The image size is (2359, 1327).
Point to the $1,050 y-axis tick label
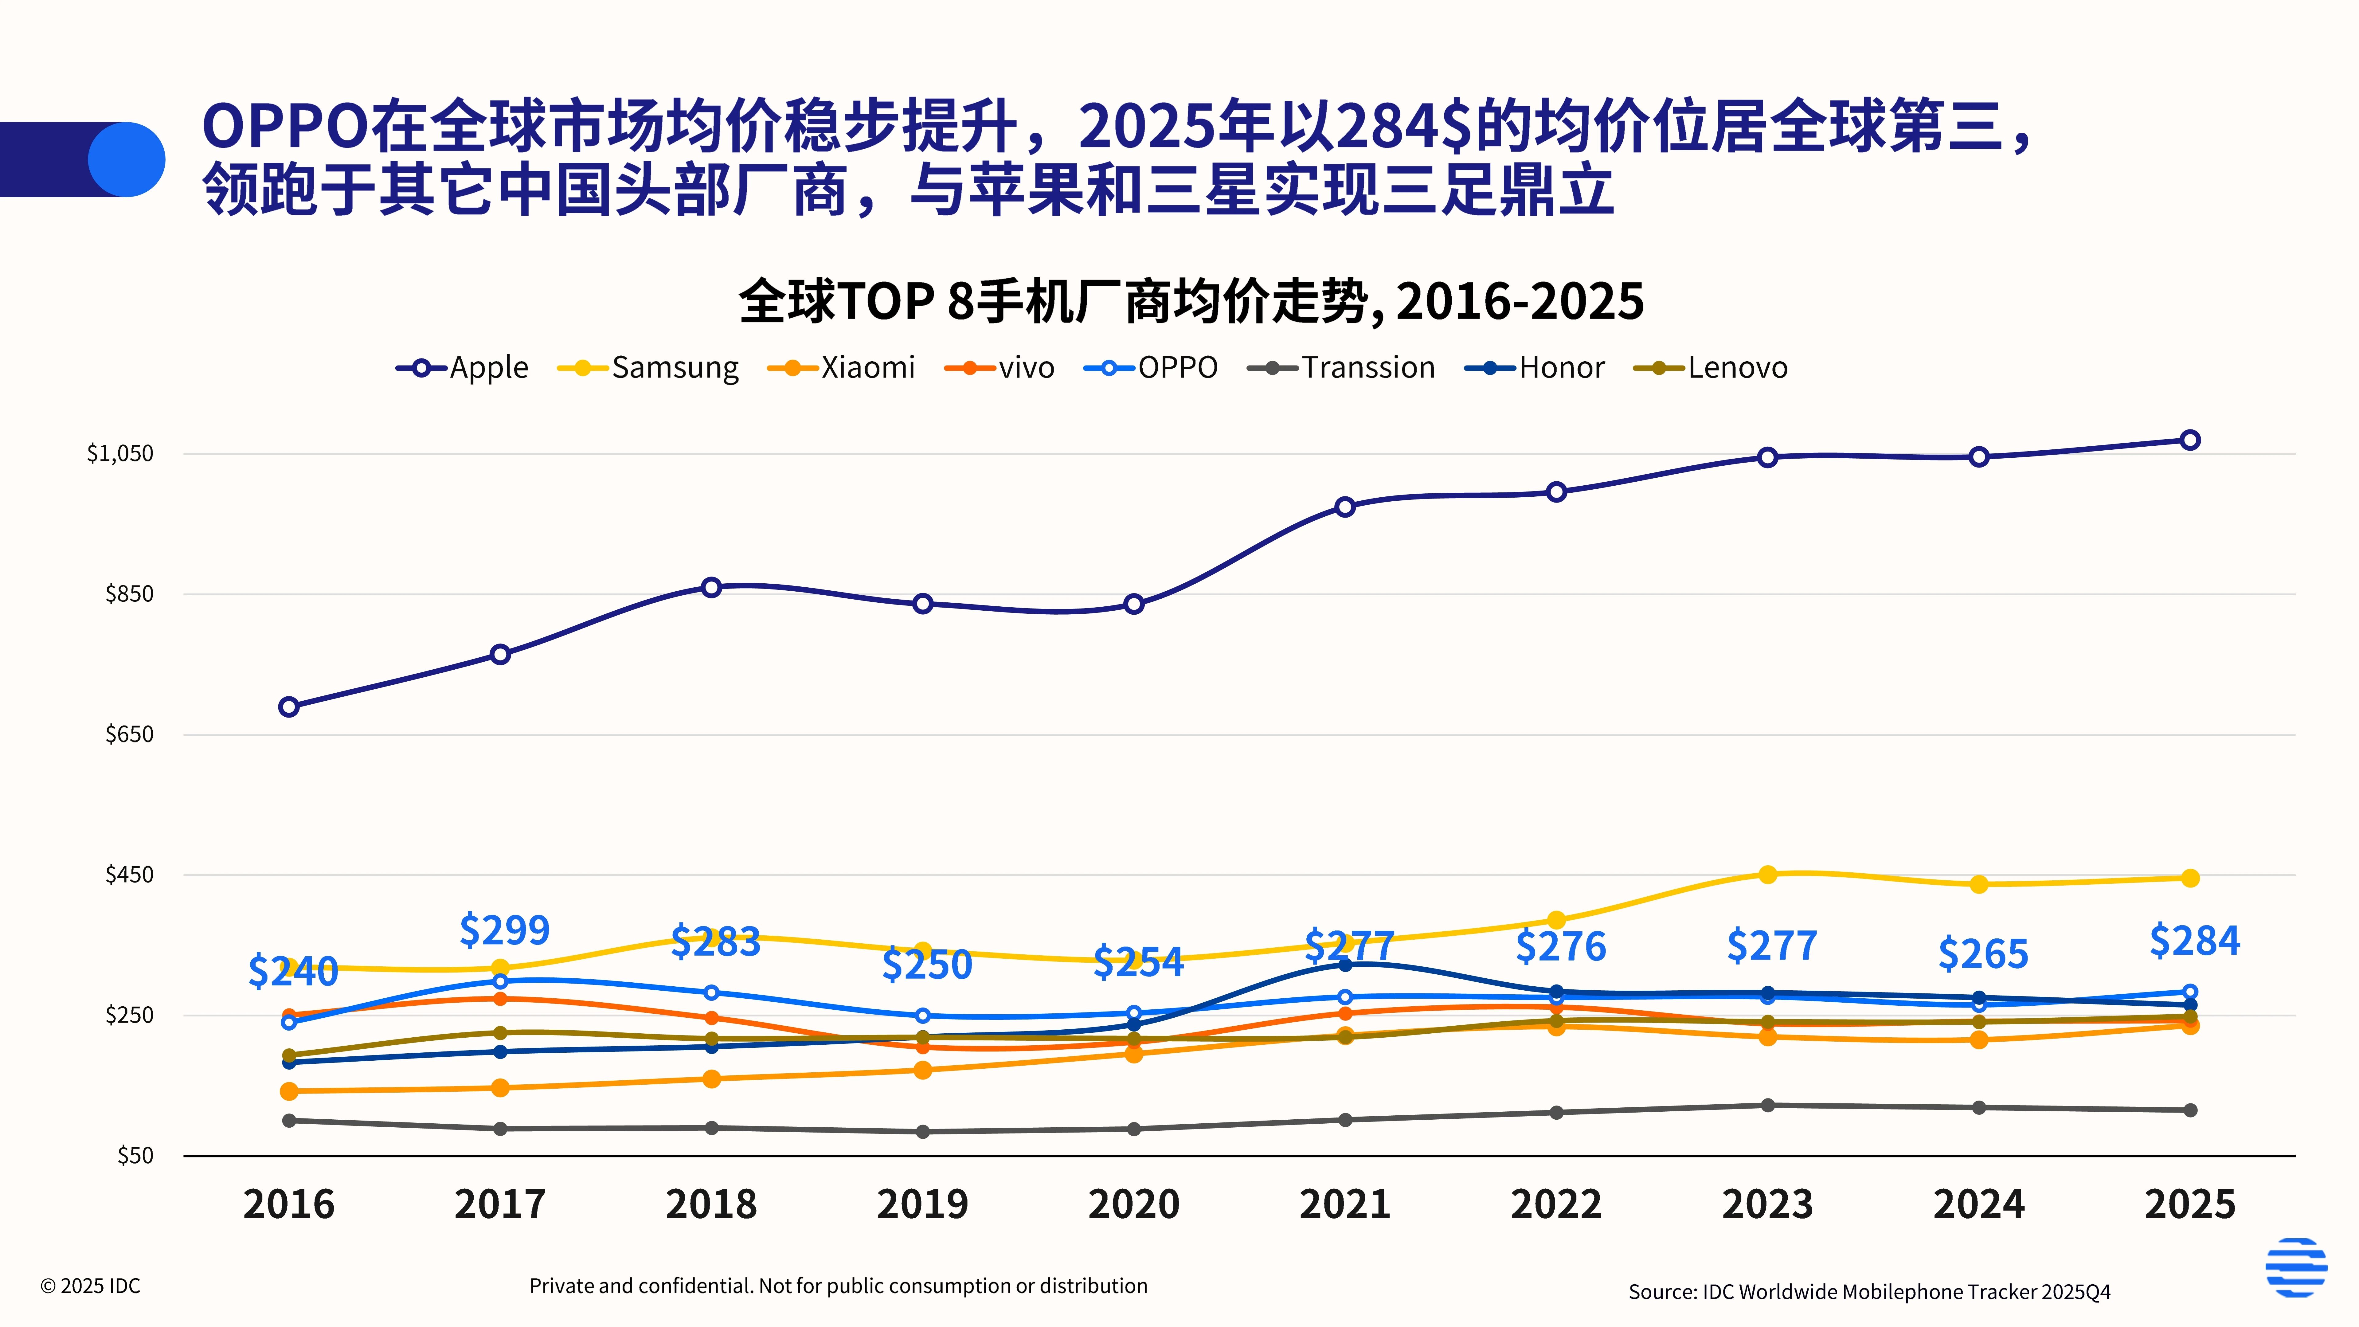click(120, 453)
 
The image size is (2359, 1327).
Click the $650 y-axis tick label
click(129, 734)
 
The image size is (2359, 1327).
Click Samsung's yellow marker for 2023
click(1767, 875)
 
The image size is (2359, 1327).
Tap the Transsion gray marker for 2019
click(922, 1132)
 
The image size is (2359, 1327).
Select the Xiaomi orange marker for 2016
click(288, 1091)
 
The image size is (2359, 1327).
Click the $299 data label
click(505, 930)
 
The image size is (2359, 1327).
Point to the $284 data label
click(2194, 941)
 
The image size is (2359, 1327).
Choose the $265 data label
click(1983, 954)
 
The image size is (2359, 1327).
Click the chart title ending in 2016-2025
click(1191, 301)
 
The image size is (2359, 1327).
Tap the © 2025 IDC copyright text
click(91, 1286)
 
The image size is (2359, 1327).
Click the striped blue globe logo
click(2296, 1267)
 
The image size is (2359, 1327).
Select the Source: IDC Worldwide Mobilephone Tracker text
click(1868, 1291)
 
